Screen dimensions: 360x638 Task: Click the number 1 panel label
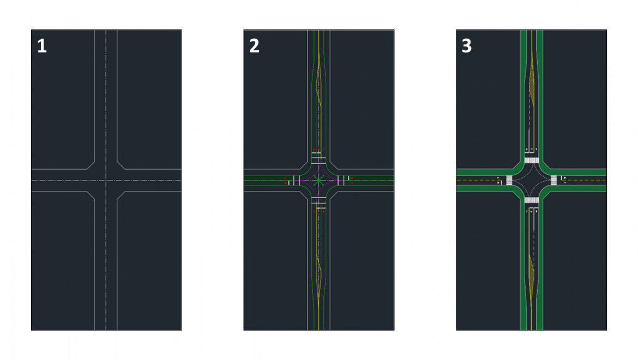42,46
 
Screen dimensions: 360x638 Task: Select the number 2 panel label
254,46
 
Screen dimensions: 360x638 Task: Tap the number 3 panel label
466,46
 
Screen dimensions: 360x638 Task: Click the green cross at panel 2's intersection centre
319,179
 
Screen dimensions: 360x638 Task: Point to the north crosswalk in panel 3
531,160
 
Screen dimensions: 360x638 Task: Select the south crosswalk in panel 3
531,200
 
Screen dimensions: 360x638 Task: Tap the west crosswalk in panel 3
509,180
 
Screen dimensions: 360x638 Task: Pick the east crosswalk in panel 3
553,180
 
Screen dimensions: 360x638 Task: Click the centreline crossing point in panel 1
106,180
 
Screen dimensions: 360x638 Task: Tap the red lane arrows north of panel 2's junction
318,149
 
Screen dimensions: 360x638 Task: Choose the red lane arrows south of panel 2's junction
318,211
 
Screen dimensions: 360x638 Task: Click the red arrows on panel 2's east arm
352,180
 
